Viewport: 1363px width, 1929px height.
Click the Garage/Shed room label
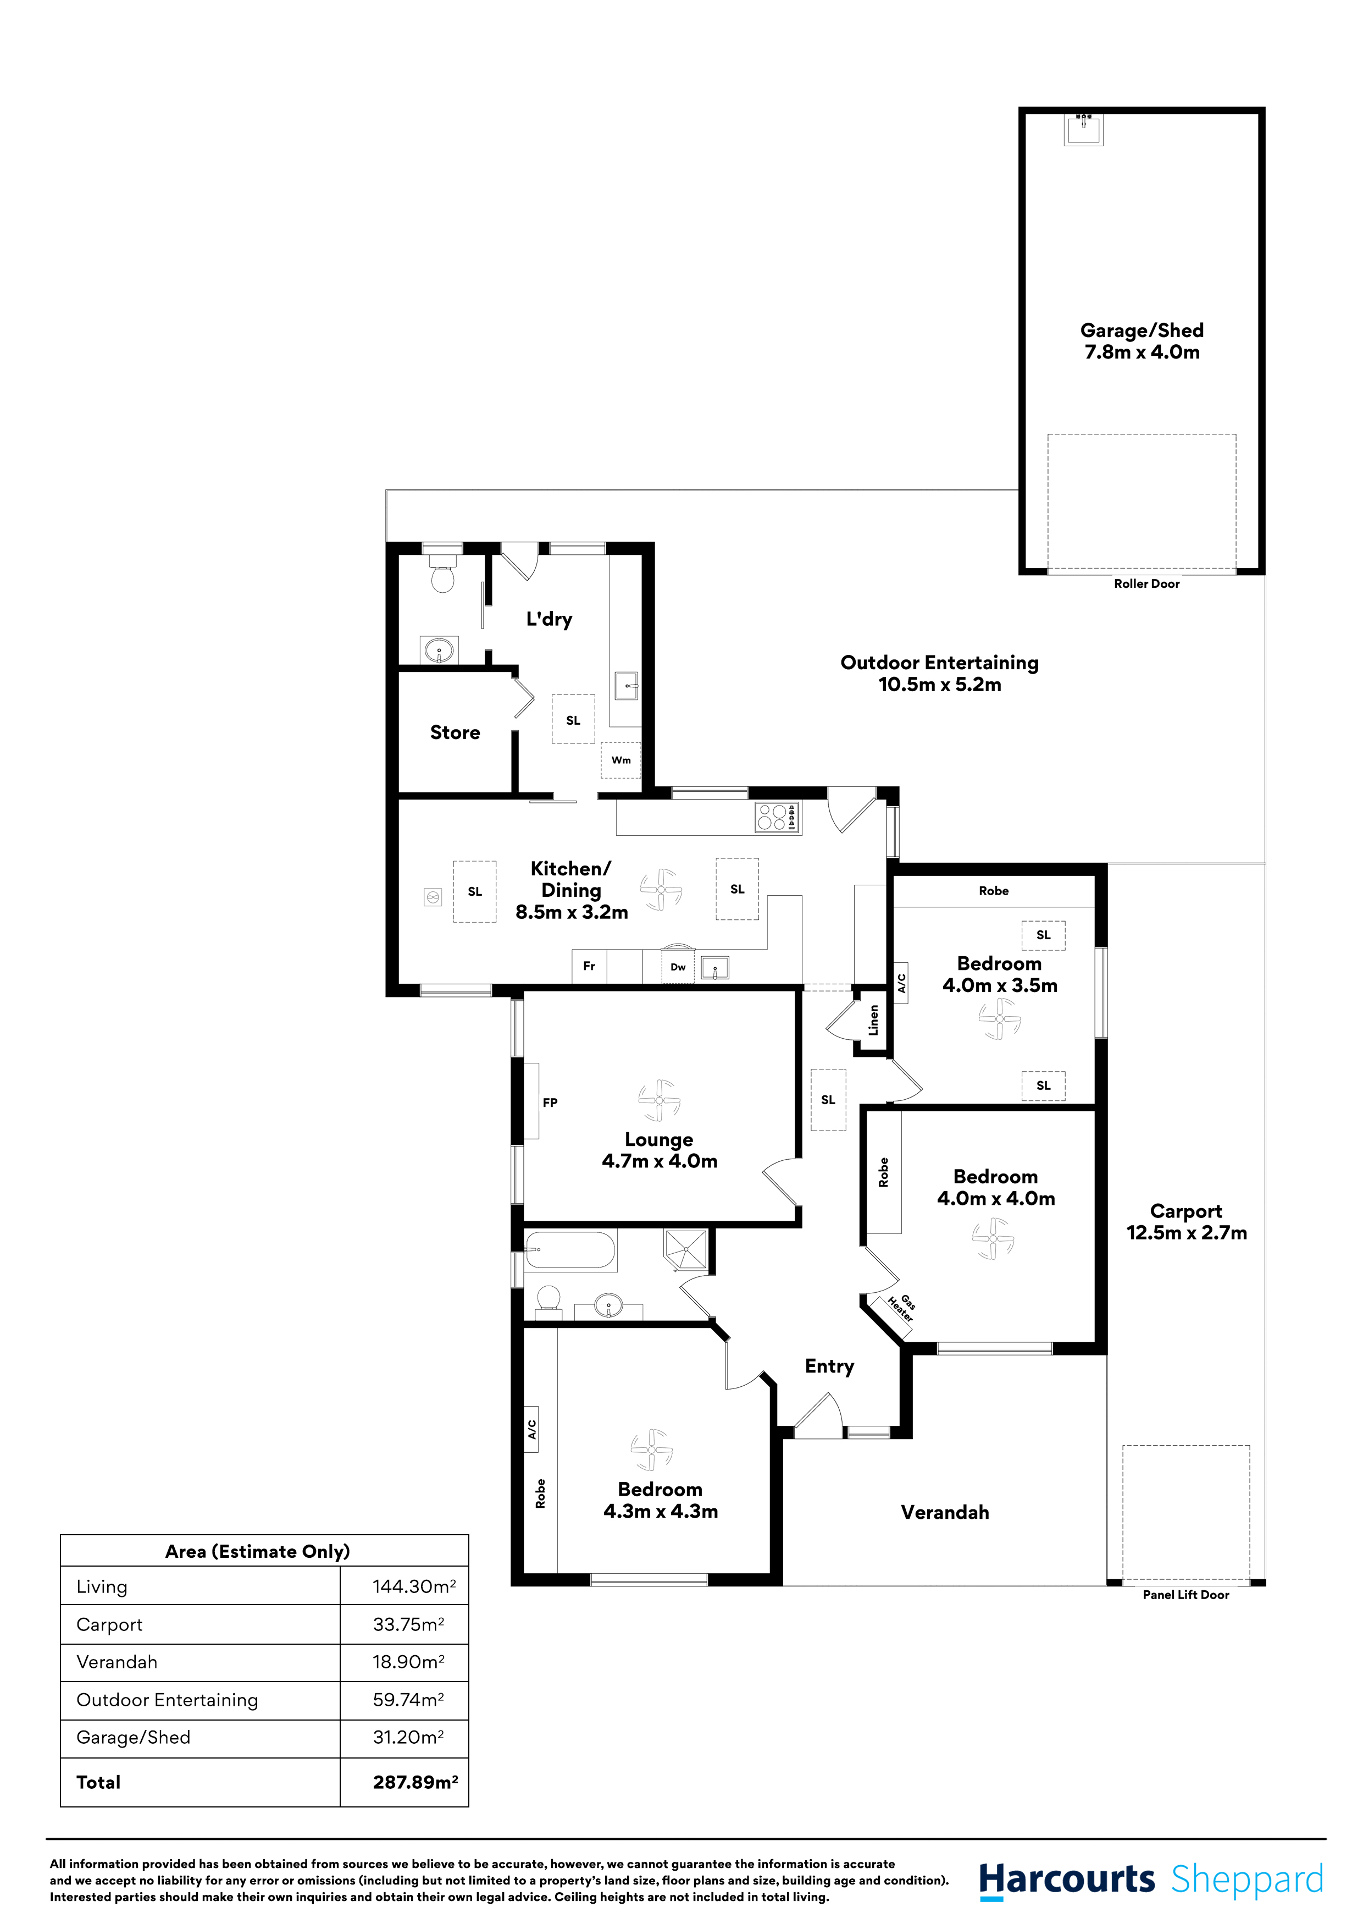[x=1142, y=341]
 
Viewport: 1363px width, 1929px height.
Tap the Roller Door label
[x=1146, y=584]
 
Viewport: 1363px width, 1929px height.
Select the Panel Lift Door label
[x=1185, y=1595]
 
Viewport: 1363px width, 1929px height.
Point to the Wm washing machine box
[x=620, y=760]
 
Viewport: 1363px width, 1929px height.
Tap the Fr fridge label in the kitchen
[x=589, y=966]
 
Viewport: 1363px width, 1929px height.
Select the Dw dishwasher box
[x=678, y=967]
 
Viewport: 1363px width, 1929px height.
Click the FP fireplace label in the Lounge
[x=550, y=1103]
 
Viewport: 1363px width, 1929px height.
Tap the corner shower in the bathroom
[x=686, y=1250]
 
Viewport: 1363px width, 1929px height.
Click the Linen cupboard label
[x=873, y=1020]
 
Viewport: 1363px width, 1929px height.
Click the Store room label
[x=455, y=732]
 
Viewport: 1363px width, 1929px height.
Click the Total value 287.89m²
[x=415, y=1783]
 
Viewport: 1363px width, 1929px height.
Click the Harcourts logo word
[x=1067, y=1880]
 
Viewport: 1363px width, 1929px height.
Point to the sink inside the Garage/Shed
[x=1083, y=129]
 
